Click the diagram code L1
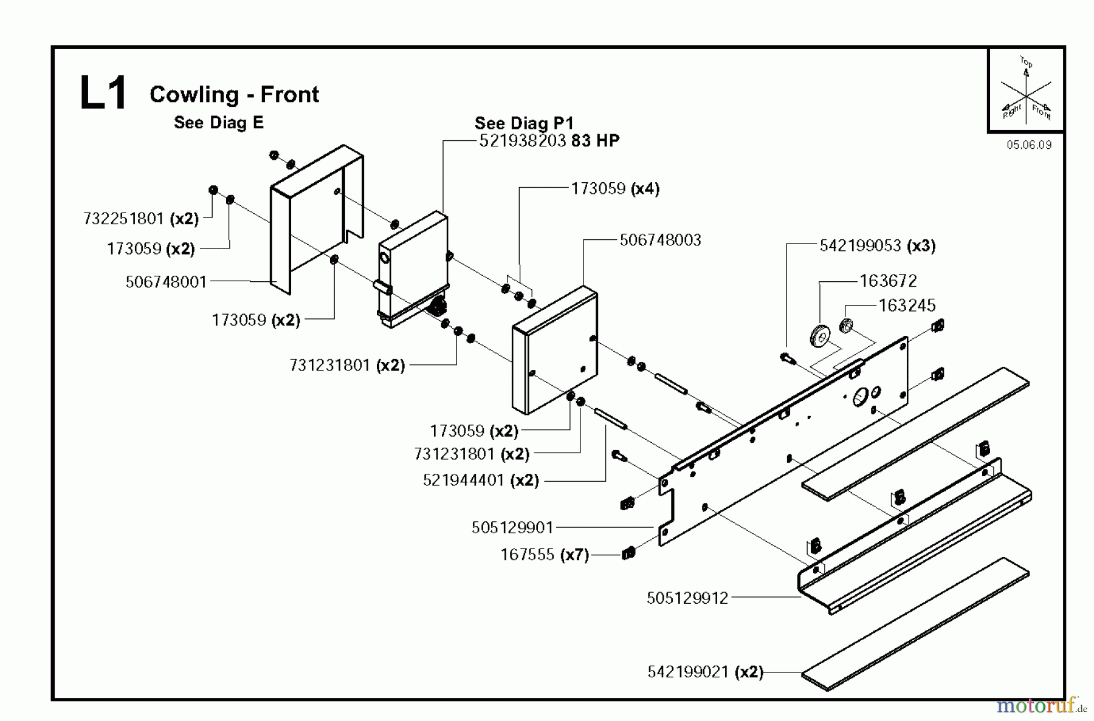click(x=103, y=94)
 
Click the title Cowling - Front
click(x=234, y=94)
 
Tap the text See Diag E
click(x=219, y=123)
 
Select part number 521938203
click(x=523, y=141)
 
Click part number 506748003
click(x=660, y=240)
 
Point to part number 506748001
click(x=166, y=282)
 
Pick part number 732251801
click(x=123, y=219)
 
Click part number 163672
click(x=888, y=281)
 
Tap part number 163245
click(x=907, y=305)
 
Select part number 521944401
click(x=464, y=480)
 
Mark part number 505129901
click(x=512, y=527)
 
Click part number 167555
click(x=527, y=555)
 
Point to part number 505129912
click(x=687, y=598)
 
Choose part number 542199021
click(x=688, y=672)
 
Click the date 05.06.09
click(x=1028, y=145)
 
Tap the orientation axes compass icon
click(x=1026, y=91)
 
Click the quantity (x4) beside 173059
click(x=645, y=189)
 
